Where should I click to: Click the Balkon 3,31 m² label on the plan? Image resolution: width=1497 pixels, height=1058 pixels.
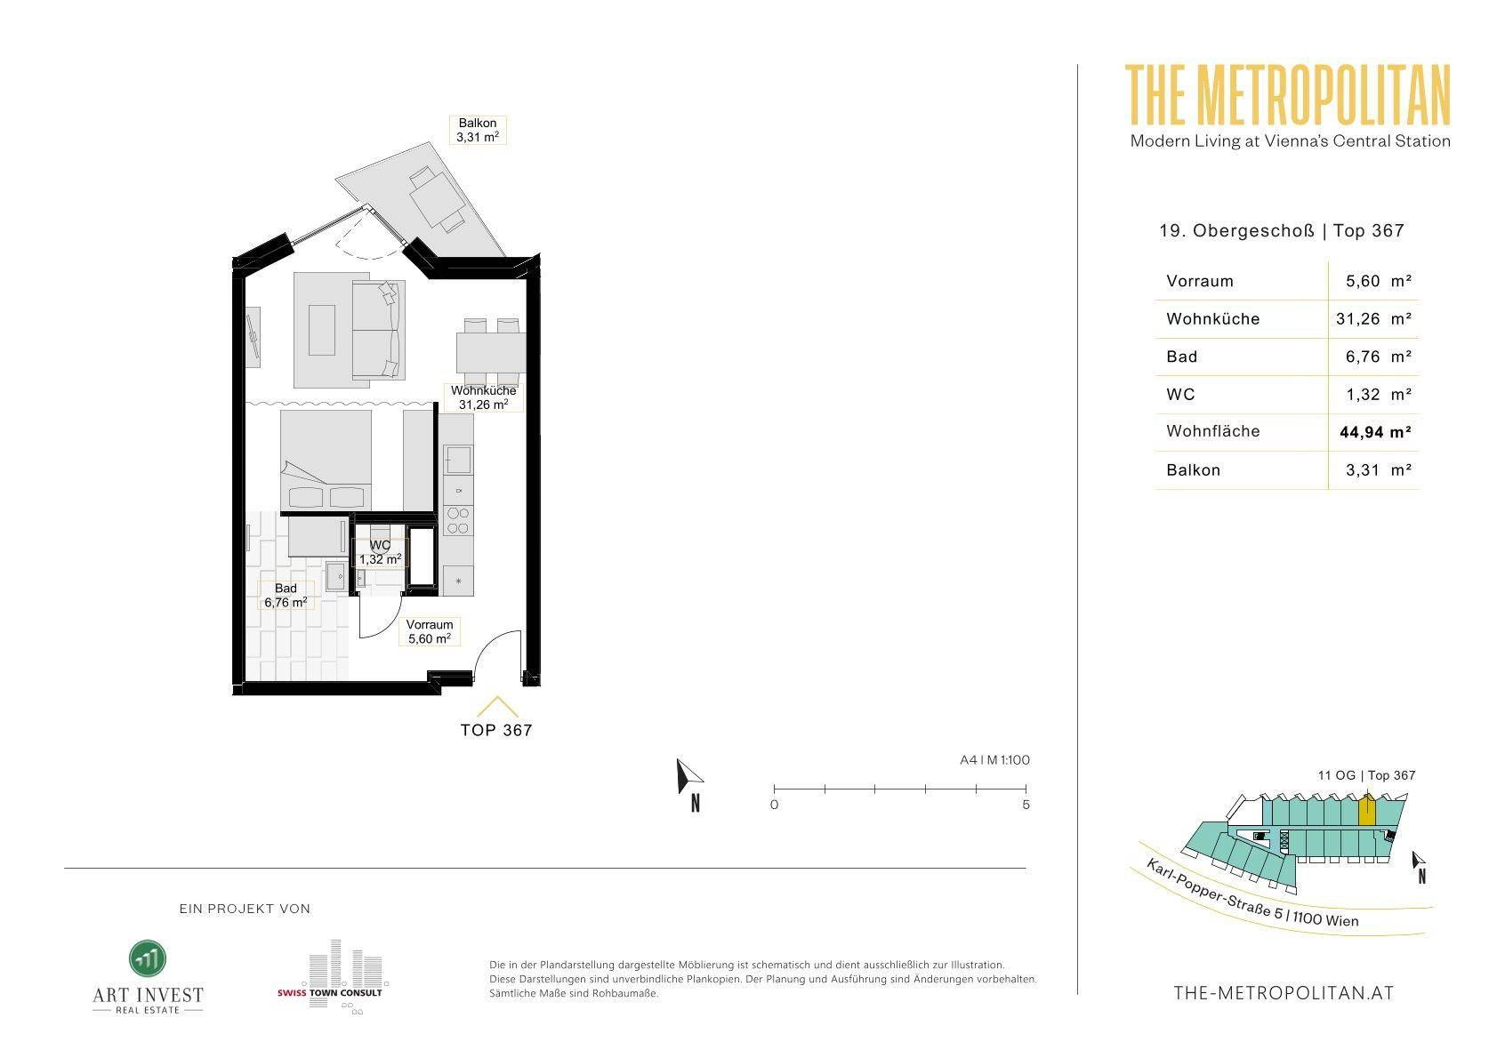click(477, 130)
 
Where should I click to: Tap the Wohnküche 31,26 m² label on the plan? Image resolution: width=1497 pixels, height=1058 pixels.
click(483, 397)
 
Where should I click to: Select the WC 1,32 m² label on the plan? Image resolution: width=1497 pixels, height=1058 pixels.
click(381, 552)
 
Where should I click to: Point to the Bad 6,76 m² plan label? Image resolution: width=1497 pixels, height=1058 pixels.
click(286, 596)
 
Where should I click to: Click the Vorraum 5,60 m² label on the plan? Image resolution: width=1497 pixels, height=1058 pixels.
click(430, 632)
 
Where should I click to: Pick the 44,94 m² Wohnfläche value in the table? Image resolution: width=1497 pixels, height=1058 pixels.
click(1375, 432)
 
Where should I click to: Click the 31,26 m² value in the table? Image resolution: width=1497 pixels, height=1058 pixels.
click(1373, 319)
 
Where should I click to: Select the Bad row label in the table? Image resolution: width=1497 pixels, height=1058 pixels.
click(1181, 357)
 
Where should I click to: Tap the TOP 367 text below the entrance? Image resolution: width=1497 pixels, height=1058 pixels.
click(496, 730)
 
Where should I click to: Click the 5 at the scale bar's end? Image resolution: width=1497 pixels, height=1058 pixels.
click(1026, 805)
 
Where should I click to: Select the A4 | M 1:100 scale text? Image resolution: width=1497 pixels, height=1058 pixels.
click(994, 760)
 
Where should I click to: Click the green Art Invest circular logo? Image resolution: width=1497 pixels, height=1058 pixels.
click(148, 958)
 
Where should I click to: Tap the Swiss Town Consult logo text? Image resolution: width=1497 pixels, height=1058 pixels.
click(329, 993)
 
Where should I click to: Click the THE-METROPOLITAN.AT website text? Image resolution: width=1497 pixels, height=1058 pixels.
click(1284, 993)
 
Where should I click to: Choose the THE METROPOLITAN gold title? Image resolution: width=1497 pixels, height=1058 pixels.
click(1288, 95)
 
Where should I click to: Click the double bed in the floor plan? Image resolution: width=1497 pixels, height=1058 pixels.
click(326, 461)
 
